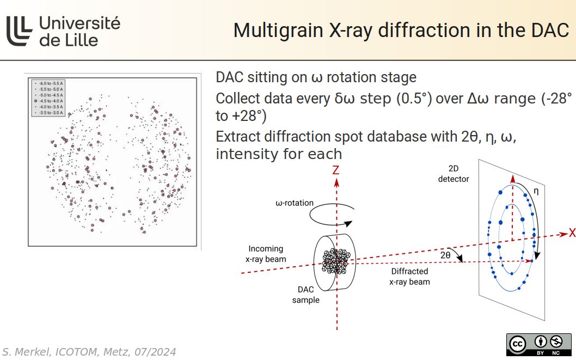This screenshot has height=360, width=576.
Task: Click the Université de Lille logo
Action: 63,30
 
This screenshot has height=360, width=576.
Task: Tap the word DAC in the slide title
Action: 550,30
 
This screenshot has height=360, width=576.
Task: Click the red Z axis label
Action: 336,170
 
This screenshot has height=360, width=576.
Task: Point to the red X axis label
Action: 572,234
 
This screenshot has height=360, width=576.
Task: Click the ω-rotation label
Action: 295,203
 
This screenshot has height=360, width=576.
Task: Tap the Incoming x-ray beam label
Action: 265,254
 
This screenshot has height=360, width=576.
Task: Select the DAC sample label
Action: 305,295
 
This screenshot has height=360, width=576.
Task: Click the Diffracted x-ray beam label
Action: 409,277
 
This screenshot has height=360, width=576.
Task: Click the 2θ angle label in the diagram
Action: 445,254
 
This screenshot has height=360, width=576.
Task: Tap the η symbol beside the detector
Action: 536,191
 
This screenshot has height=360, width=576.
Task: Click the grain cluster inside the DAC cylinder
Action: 334,261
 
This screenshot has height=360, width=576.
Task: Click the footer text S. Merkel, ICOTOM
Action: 88,352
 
